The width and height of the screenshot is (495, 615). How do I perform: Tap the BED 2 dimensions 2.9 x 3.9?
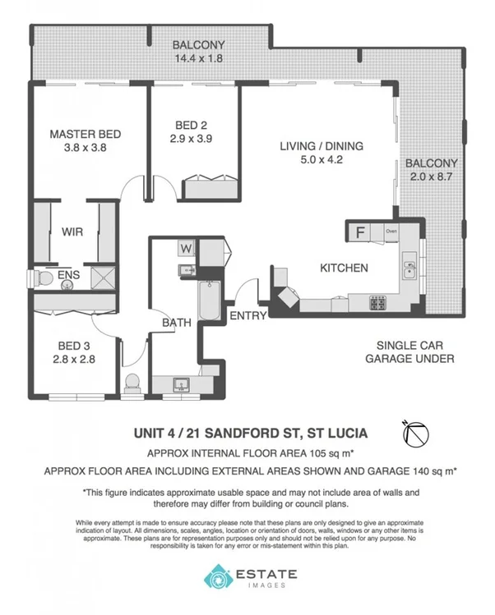190,139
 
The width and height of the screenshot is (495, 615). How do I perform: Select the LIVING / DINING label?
321,147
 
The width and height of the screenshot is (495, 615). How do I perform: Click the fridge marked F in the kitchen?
360,232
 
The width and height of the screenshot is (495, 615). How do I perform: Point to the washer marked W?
186,247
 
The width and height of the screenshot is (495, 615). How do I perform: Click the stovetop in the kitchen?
379,304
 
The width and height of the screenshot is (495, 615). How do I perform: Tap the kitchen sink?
408,266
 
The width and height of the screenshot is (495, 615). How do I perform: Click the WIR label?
72,232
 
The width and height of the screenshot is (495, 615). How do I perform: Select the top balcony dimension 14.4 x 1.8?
197,59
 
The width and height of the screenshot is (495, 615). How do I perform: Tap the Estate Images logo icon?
218,577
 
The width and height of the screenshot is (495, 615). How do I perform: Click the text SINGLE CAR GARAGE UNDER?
415,352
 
